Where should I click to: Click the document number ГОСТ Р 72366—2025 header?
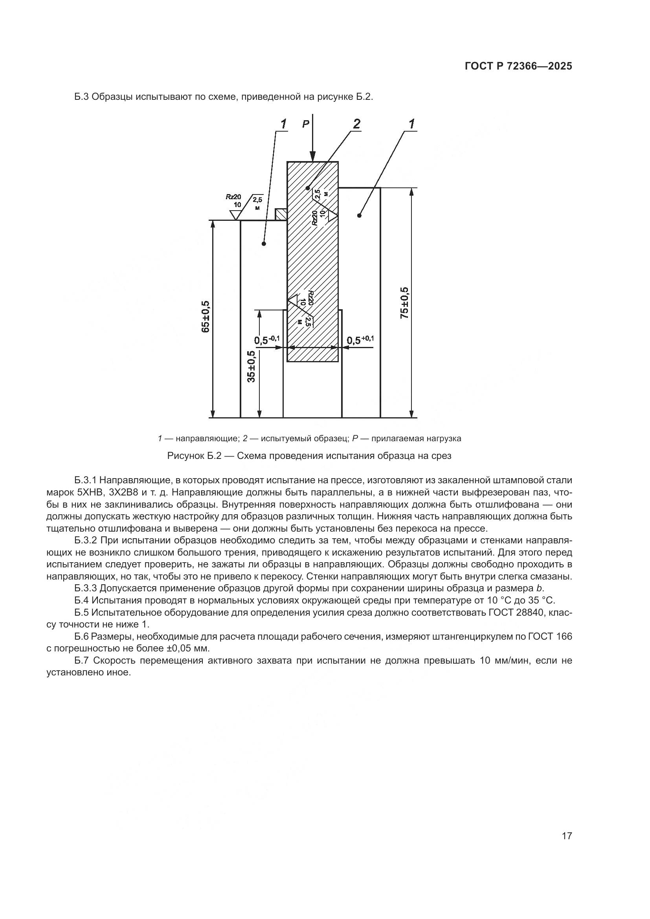coord(518,66)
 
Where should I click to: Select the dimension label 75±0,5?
coord(405,303)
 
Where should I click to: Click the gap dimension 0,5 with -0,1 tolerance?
coord(267,341)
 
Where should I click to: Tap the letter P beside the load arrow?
coord(306,125)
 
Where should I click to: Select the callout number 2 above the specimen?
coord(356,125)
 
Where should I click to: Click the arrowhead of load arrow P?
coord(313,157)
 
